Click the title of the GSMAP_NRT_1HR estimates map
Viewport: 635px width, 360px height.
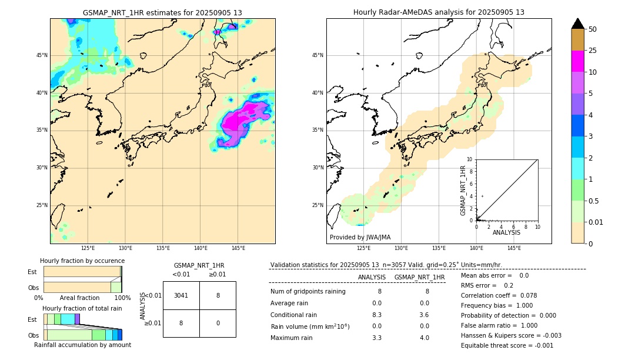click(x=162, y=12)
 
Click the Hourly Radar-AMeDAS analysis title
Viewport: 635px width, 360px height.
click(x=439, y=12)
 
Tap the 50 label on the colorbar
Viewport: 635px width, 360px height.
click(x=593, y=29)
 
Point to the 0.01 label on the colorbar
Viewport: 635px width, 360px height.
click(x=596, y=222)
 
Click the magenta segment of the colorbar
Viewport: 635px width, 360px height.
click(x=577, y=61)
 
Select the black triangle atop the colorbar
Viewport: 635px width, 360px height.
click(x=577, y=24)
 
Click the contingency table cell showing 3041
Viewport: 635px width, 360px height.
click(x=181, y=295)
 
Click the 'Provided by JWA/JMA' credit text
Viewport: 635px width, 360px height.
click(x=360, y=238)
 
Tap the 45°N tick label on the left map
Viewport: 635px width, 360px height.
click(x=42, y=55)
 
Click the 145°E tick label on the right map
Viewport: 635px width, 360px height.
click(x=514, y=248)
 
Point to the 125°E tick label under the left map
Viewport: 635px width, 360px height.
click(x=88, y=248)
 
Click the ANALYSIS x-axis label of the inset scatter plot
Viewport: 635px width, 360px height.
click(x=506, y=232)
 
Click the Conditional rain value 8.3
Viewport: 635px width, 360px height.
click(x=377, y=315)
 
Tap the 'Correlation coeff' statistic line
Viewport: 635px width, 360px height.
click(x=499, y=295)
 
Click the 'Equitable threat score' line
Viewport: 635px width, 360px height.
click(x=507, y=345)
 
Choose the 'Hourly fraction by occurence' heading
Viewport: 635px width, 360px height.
click(x=82, y=261)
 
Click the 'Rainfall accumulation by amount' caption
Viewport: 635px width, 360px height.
click(x=82, y=345)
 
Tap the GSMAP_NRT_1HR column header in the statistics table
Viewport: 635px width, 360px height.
click(x=419, y=277)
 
